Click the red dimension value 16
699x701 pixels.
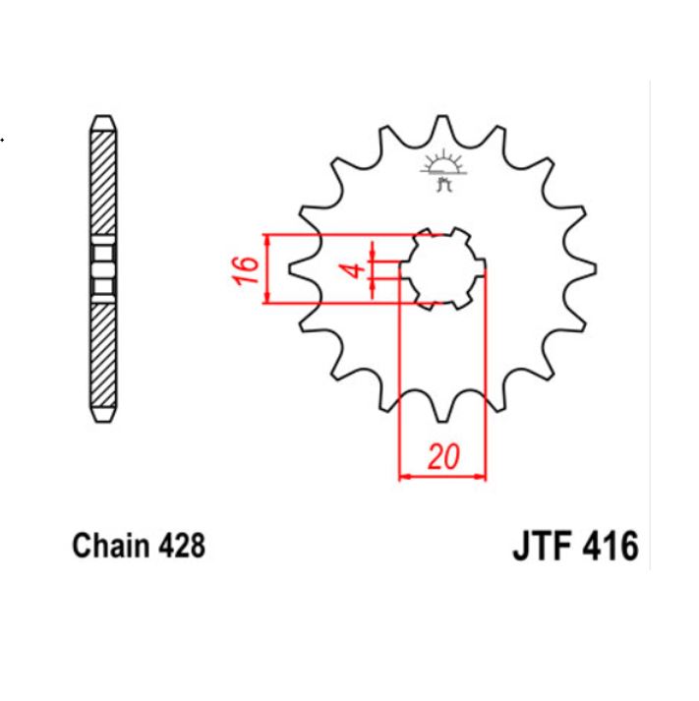(x=247, y=269)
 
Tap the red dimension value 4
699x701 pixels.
(x=359, y=268)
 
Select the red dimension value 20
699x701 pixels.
(x=444, y=457)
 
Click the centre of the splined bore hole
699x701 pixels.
(x=442, y=268)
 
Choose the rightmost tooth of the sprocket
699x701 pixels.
(x=589, y=267)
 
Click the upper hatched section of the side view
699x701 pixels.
(x=103, y=186)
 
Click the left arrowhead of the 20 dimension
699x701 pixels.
(x=403, y=478)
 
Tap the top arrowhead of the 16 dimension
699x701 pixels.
(x=267, y=240)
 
